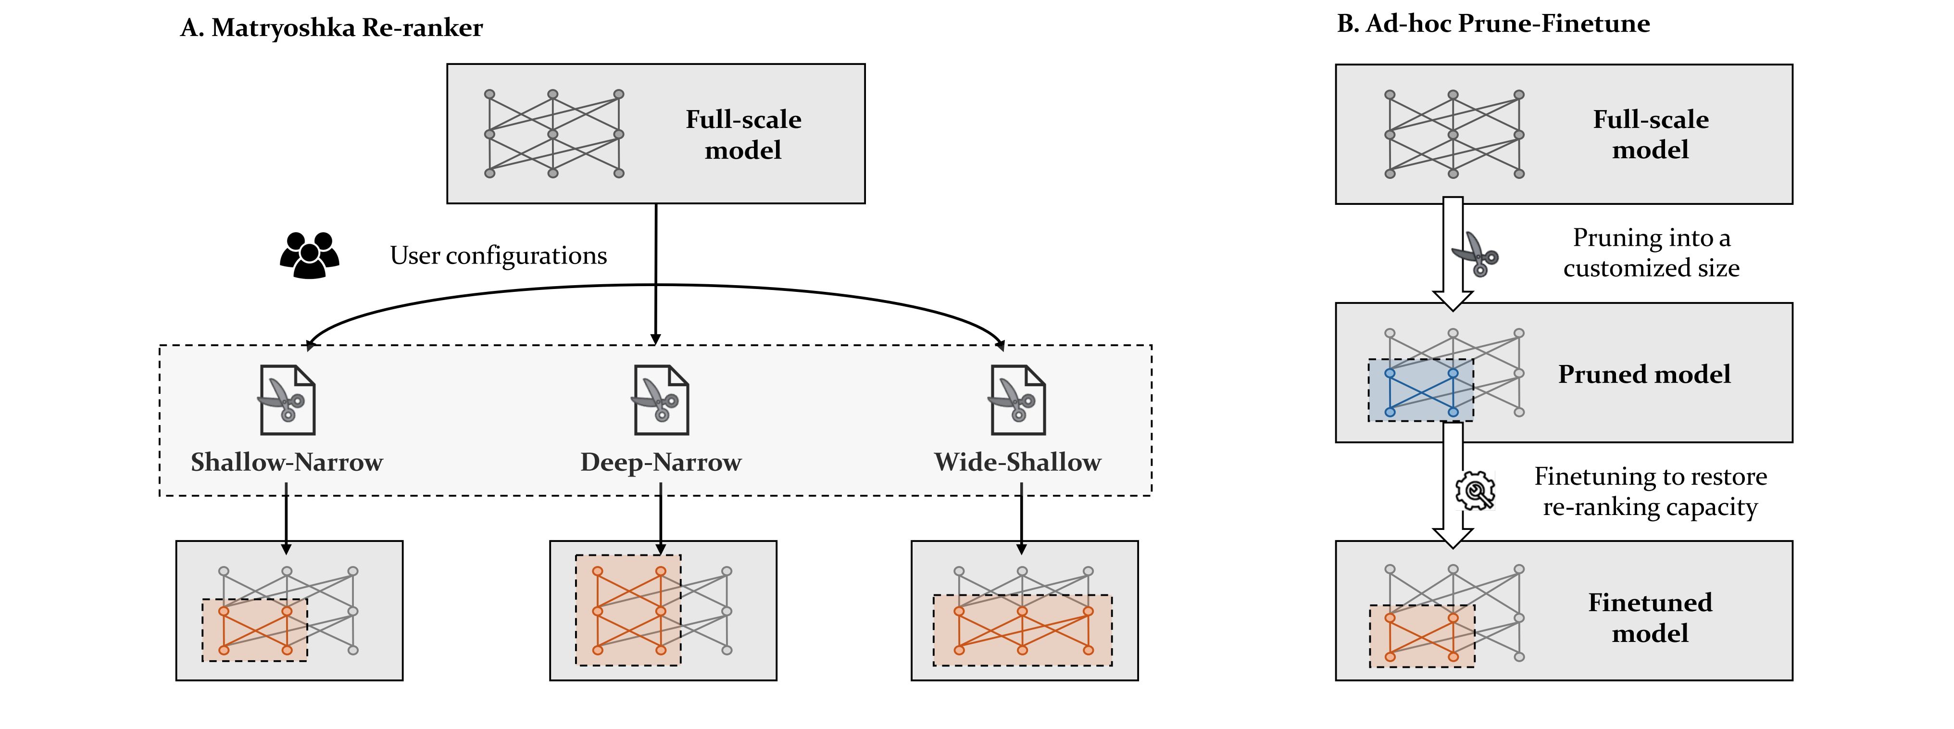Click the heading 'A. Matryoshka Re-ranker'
pos(331,28)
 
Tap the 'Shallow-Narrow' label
pos(287,462)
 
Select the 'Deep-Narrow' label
pos(661,462)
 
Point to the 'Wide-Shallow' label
pos(1017,462)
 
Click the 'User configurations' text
pos(499,256)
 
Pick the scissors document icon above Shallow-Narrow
pos(288,400)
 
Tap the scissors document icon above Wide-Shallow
pos(1018,400)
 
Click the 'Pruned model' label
pos(1644,374)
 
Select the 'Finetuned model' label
pos(1650,617)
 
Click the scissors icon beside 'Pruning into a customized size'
pos(1476,254)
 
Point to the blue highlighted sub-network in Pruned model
pos(1421,390)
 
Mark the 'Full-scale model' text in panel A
pos(743,134)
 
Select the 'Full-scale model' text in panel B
pos(1651,134)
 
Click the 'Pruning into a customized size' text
pos(1652,252)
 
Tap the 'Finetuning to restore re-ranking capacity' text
pos(1651,491)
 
